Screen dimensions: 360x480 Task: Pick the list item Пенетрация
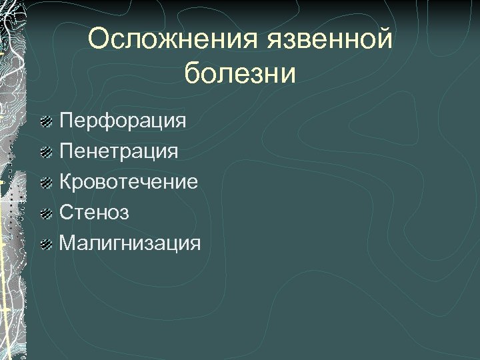pyautogui.click(x=119, y=152)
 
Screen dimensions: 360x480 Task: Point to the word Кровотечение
pyautogui.click(x=129, y=182)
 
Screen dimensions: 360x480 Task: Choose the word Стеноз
pyautogui.click(x=95, y=213)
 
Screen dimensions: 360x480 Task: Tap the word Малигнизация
pyautogui.click(x=130, y=243)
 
